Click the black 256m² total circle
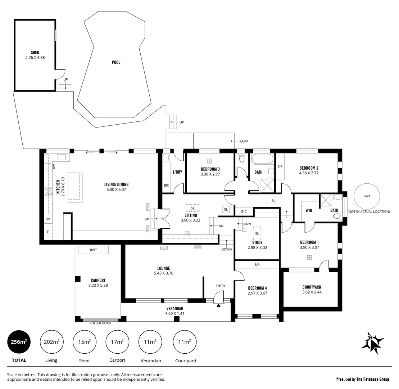(19, 342)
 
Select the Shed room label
(35, 53)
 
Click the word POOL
(116, 62)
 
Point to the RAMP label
(244, 142)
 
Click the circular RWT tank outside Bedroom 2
(367, 196)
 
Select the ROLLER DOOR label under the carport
(100, 323)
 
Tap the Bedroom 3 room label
(210, 169)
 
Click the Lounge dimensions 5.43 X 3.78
(163, 273)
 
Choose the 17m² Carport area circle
(117, 342)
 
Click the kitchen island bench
(75, 186)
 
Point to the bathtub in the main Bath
(263, 159)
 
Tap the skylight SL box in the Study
(257, 233)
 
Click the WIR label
(309, 210)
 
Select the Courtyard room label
(312, 287)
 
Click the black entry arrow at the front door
(218, 305)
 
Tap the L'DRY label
(177, 172)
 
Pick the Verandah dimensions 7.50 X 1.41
(175, 313)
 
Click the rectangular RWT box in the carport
(93, 250)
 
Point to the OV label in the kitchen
(47, 219)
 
